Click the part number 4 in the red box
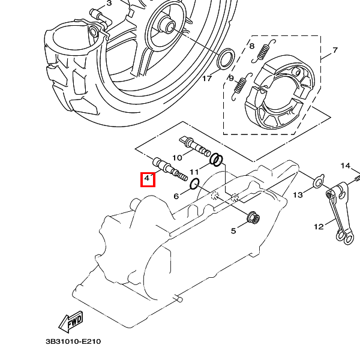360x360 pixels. [x=148, y=179]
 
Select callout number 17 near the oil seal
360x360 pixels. [x=206, y=79]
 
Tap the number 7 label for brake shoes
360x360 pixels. [x=335, y=50]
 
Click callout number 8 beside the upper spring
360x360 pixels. [x=251, y=46]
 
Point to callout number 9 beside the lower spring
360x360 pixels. [x=230, y=79]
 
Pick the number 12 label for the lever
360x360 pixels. [x=319, y=227]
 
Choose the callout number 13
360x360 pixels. [x=298, y=194]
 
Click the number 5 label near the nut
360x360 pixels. [x=235, y=230]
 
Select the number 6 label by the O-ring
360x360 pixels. [x=176, y=196]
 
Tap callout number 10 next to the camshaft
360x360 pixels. [x=178, y=158]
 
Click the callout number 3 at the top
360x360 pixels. [x=109, y=4]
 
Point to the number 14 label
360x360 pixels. [x=346, y=166]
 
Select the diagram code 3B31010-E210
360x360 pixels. [x=73, y=342]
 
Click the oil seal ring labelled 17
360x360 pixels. [x=226, y=59]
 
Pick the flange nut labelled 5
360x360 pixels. [x=253, y=217]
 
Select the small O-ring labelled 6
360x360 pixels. [x=195, y=184]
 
